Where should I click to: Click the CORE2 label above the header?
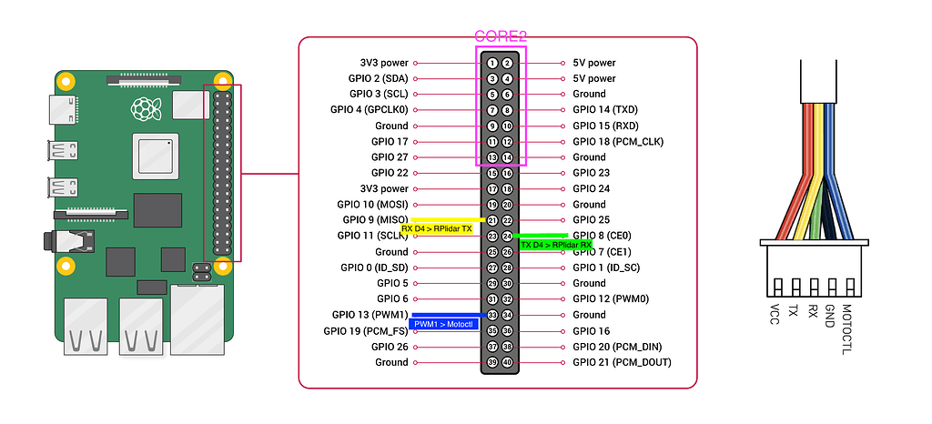(x=501, y=37)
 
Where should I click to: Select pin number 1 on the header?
(x=491, y=63)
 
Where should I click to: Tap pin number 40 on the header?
(x=508, y=362)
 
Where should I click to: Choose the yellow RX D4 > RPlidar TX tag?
(x=437, y=228)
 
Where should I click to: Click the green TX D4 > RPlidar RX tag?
(x=555, y=244)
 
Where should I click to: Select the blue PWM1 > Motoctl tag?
(x=445, y=323)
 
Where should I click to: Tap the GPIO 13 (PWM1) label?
(x=370, y=315)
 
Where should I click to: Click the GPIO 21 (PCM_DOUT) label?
(x=622, y=362)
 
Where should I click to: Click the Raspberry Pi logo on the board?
(x=141, y=111)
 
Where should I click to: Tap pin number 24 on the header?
(x=508, y=236)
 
